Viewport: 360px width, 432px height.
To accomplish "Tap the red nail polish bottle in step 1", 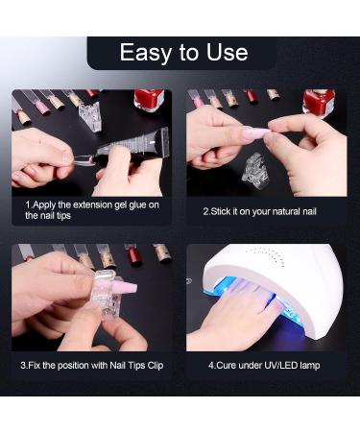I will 148,100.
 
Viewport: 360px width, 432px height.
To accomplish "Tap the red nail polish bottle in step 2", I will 318,102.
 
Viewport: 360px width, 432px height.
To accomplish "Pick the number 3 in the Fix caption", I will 24,366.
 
